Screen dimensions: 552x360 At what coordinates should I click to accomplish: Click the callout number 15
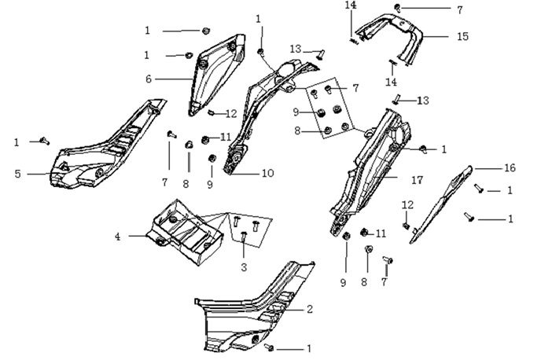tap(462, 36)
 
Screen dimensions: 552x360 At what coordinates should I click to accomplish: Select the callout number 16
tap(510, 168)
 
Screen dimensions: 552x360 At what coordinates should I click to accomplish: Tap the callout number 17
tap(417, 180)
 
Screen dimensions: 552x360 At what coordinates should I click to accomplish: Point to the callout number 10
tap(267, 173)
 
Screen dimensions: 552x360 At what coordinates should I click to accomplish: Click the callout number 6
tap(149, 79)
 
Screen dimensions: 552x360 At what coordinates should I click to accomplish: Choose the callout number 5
tap(17, 174)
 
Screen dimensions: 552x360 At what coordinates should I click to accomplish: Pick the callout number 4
tap(118, 237)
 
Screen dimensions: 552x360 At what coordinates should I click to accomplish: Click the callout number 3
tap(244, 267)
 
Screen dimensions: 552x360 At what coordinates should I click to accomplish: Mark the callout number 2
tap(310, 310)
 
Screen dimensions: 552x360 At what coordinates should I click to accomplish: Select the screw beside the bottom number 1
tap(269, 347)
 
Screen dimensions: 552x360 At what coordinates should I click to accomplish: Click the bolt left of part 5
tap(45, 141)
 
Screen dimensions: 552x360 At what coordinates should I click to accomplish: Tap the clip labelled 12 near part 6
tap(212, 112)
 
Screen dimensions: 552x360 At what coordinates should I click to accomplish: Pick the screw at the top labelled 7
tap(397, 7)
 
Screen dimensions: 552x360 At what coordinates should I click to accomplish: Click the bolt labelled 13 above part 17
tap(396, 100)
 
